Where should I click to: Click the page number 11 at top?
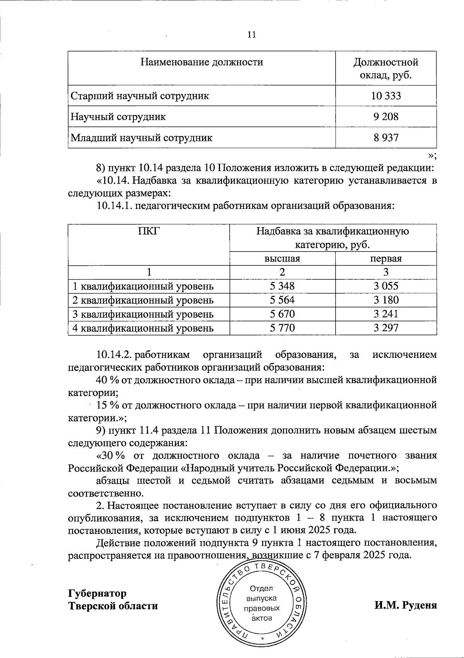pos(251,35)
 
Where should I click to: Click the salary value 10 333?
pos(386,96)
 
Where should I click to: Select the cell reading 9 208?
pos(386,116)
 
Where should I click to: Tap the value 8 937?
pos(386,137)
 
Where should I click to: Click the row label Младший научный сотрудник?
pos(141,138)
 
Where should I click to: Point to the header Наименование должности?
pos(201,62)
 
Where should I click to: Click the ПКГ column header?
pos(149,231)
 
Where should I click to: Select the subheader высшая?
pos(282,258)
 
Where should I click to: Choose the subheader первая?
pos(386,258)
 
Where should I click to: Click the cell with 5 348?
pos(282,286)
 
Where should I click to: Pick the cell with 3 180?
pos(386,300)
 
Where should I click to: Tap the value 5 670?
pos(282,314)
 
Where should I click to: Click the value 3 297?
pos(386,328)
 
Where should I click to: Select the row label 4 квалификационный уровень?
pos(143,328)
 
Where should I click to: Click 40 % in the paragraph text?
pos(107,380)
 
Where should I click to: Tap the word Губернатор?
pos(97,593)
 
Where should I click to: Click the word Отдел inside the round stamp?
pos(261,589)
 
